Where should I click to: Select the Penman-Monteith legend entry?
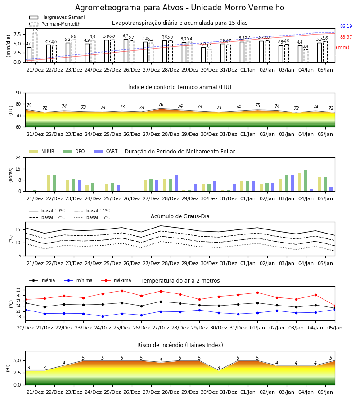pos(55,24)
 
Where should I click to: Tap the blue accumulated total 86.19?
pos(346,27)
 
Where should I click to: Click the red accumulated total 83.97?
pos(346,37)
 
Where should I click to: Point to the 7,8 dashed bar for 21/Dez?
pos(35,48)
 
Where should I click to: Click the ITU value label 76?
pos(161,104)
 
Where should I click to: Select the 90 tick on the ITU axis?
pos(18,93)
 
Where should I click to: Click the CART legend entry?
pos(106,151)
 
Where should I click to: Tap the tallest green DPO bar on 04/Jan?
pos(306,181)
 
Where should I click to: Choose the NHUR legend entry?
pos(42,151)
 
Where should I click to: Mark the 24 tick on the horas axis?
pos(18,157)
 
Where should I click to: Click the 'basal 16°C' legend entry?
pos(92,217)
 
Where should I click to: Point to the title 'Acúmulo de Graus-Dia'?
pos(180,216)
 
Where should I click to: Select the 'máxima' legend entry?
pos(116,280)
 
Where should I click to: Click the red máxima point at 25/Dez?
pos(122,291)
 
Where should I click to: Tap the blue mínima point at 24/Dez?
pos(103,316)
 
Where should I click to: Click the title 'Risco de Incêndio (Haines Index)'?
pos(180,345)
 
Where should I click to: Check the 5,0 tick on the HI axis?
pos(17,361)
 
